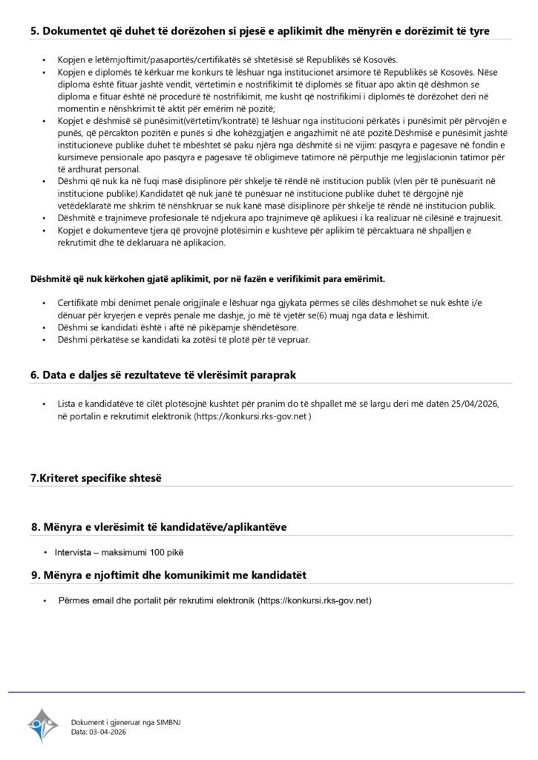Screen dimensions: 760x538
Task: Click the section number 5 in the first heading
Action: click(34, 31)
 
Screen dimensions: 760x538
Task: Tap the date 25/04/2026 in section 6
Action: click(471, 404)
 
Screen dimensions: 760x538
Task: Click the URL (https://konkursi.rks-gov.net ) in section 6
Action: click(252, 417)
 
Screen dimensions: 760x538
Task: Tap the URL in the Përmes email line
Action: click(314, 600)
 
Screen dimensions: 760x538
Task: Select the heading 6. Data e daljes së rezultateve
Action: click(163, 375)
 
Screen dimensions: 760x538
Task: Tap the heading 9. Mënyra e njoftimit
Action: click(168, 575)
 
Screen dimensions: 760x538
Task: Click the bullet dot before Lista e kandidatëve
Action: click(46, 404)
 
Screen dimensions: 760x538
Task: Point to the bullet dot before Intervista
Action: click(46, 552)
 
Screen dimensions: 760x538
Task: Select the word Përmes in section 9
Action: click(73, 600)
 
